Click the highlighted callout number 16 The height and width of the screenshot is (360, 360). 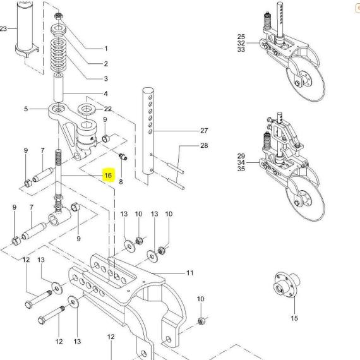coord(108,176)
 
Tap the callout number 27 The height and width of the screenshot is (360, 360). coord(204,131)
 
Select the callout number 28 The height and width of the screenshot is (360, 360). coord(204,145)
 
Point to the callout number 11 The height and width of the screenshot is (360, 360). coord(190,273)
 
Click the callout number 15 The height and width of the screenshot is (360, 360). coord(294,318)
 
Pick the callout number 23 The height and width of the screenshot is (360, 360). coord(3,28)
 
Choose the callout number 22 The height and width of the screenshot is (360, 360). coord(107,109)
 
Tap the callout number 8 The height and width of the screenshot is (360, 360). coord(121,182)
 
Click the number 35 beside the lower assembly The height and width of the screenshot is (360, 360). coord(241,169)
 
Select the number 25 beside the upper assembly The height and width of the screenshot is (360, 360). coord(241,37)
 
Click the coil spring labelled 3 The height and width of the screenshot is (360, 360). coord(58,55)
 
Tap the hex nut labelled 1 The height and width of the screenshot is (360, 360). coord(58,16)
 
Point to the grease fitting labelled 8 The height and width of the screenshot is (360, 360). coord(123,157)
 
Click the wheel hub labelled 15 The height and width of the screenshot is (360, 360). coord(287,285)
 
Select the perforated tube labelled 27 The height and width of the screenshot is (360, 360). coord(148,131)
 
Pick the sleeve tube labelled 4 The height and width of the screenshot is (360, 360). coord(58,87)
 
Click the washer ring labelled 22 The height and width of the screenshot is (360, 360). coord(87,109)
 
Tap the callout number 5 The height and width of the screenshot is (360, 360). coord(26,109)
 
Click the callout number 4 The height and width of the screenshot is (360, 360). coord(106,93)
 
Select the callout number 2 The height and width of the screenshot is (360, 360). coord(106,64)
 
